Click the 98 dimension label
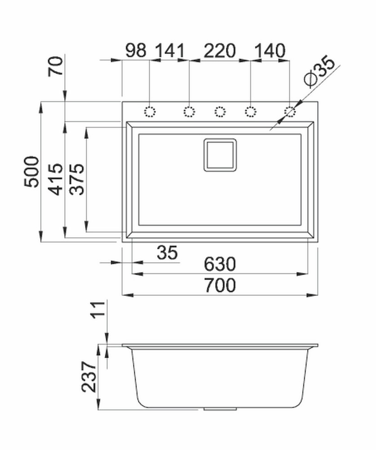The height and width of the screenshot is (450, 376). click(x=136, y=50)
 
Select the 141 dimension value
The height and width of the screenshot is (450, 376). click(x=170, y=50)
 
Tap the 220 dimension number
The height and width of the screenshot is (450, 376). click(x=220, y=50)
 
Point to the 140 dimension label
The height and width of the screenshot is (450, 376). click(x=270, y=50)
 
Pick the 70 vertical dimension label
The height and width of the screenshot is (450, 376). click(x=55, y=66)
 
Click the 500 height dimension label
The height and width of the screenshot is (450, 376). click(x=31, y=171)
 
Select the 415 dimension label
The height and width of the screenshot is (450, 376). click(x=55, y=180)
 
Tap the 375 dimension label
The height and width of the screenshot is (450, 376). click(x=77, y=180)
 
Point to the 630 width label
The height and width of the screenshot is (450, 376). click(x=220, y=264)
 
